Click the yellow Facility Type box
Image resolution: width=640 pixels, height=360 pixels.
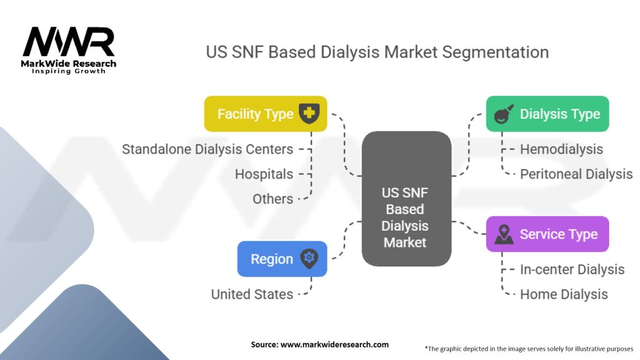click(x=265, y=114)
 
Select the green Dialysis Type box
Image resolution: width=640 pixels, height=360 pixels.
click(x=547, y=114)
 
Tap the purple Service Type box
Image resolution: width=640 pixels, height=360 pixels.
click(x=547, y=234)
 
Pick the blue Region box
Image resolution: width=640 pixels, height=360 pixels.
click(x=282, y=259)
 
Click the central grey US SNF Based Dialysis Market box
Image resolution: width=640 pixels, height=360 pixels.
click(x=406, y=198)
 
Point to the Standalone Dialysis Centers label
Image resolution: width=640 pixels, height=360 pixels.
click(x=207, y=149)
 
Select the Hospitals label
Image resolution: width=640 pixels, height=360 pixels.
click(x=264, y=174)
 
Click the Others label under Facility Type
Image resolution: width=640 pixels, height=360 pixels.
click(x=272, y=199)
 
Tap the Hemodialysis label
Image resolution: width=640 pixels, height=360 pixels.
click(x=561, y=149)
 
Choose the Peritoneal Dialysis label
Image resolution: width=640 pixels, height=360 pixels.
click(x=576, y=174)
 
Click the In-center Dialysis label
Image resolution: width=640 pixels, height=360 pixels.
click(x=572, y=269)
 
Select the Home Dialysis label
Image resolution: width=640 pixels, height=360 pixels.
click(x=564, y=294)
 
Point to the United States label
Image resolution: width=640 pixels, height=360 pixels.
click(x=252, y=294)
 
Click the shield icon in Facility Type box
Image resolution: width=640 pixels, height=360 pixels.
click(x=308, y=114)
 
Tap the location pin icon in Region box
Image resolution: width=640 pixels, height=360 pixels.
click(x=308, y=259)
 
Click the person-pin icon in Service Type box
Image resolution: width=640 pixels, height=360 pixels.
click(x=504, y=234)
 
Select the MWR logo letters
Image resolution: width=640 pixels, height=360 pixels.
click(x=69, y=42)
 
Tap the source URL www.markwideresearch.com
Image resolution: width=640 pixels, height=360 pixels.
click(x=334, y=344)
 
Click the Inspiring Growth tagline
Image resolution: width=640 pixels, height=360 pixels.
click(x=69, y=71)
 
